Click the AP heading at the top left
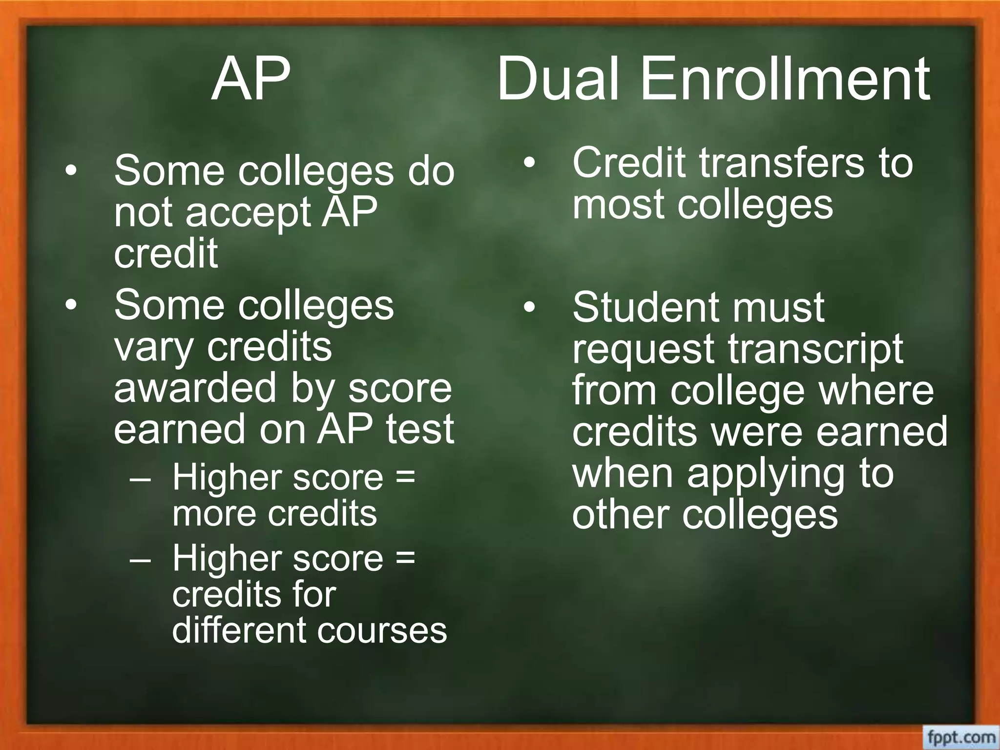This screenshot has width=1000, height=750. (x=251, y=79)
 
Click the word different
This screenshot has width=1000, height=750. (x=238, y=630)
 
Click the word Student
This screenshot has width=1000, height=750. (x=645, y=308)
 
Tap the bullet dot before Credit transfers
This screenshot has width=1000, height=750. (x=529, y=163)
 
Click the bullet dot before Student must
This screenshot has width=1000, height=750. (x=529, y=308)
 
